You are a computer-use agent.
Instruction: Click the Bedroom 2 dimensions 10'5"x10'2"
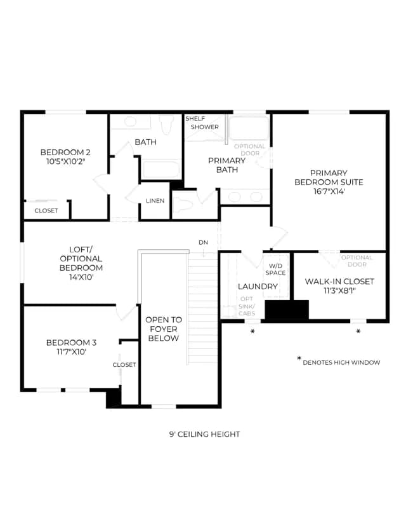pos(65,161)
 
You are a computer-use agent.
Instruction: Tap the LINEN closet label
pos(155,200)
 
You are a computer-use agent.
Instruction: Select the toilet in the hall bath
pos(166,125)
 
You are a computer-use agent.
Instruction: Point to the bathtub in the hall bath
pos(161,169)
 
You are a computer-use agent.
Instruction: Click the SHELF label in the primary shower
pos(195,118)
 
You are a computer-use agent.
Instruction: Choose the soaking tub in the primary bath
pos(249,128)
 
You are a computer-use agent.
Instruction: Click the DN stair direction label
pos(204,242)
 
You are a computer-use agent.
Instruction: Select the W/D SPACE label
pos(275,270)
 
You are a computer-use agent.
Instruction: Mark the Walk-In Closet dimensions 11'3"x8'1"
pos(339,291)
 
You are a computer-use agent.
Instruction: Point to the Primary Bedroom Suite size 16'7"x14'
pos(329,191)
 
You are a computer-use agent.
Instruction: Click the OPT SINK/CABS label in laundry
pos(247,306)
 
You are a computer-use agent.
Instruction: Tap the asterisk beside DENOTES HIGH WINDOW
pos(299,359)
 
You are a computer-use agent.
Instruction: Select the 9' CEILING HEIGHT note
pos(205,434)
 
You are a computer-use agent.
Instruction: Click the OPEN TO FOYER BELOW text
pos(164,329)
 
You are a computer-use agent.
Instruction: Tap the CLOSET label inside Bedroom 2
pos(46,210)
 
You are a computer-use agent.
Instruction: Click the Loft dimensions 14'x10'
pos(81,277)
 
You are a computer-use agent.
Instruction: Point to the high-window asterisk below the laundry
pos(252,331)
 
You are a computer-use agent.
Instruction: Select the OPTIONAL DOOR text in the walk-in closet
pos(357,261)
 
